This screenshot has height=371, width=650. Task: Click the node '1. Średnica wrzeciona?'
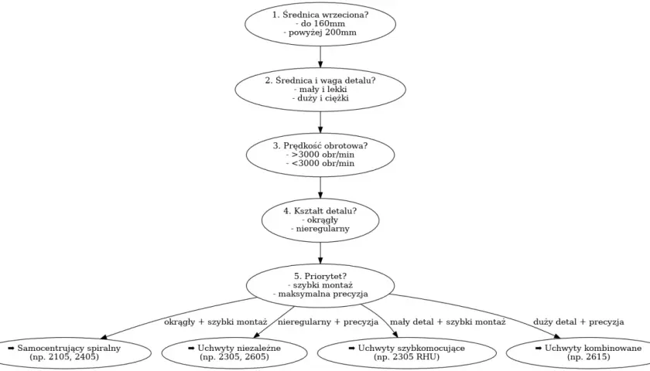coord(320,24)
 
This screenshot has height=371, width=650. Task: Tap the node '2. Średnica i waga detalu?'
coord(320,89)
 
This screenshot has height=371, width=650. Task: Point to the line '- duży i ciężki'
coord(320,98)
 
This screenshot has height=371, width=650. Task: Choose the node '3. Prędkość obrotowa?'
coord(320,155)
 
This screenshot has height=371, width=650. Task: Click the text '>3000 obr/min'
coord(323,155)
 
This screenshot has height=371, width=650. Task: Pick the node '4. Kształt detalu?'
coord(320,220)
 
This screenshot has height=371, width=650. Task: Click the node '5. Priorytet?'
coord(320,285)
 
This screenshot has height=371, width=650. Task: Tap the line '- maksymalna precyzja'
coord(320,294)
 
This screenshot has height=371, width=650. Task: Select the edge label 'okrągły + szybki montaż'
coord(216,322)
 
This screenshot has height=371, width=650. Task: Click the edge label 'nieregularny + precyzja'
coord(328,322)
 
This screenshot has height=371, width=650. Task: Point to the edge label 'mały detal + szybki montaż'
coord(448,322)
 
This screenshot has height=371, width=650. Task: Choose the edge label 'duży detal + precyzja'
coord(578,322)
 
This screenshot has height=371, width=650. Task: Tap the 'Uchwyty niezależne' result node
coord(234,352)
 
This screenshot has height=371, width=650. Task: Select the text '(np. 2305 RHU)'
coord(407,357)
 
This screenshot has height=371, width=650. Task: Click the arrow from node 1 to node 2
coord(320,56)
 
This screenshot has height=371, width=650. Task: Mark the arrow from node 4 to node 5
coord(320,253)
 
